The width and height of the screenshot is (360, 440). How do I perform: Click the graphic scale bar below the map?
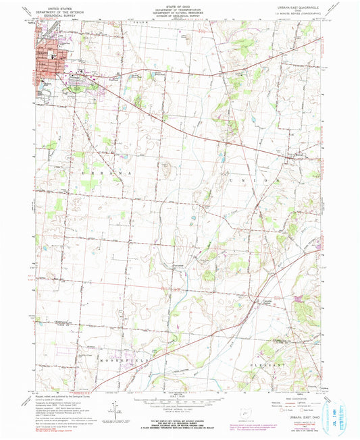(x=180, y=404)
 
